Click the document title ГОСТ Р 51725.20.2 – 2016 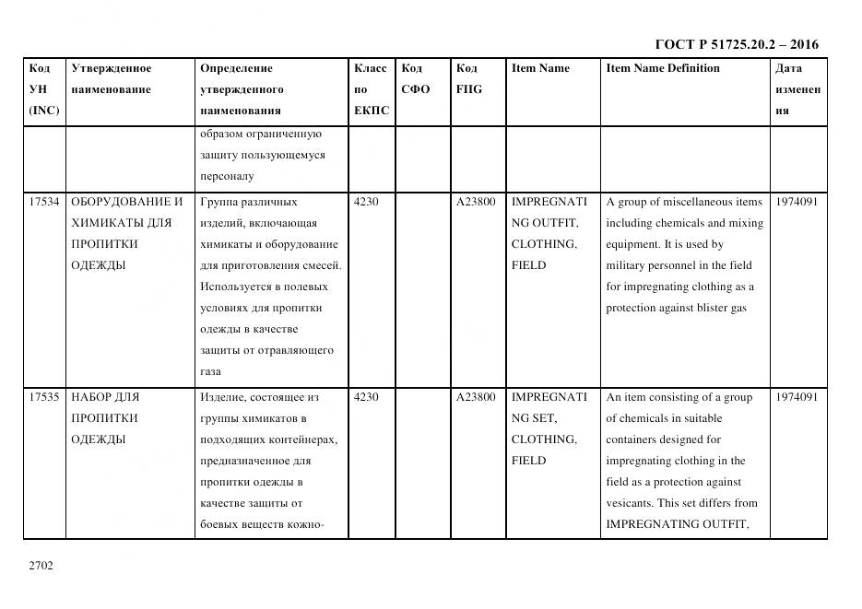tap(736, 44)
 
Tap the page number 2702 tap(41, 565)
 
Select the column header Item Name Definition tap(663, 68)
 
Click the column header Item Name tap(540, 68)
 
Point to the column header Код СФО tap(416, 78)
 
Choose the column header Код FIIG tap(468, 78)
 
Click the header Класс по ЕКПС tap(371, 89)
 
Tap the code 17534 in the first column tap(44, 202)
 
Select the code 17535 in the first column tap(44, 397)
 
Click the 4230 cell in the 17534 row tap(366, 202)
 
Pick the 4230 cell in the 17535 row tap(366, 397)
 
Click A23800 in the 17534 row tap(476, 202)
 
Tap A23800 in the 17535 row tap(476, 397)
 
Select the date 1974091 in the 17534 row tap(797, 202)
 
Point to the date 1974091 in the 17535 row tap(797, 397)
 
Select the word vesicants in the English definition tap(631, 503)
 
